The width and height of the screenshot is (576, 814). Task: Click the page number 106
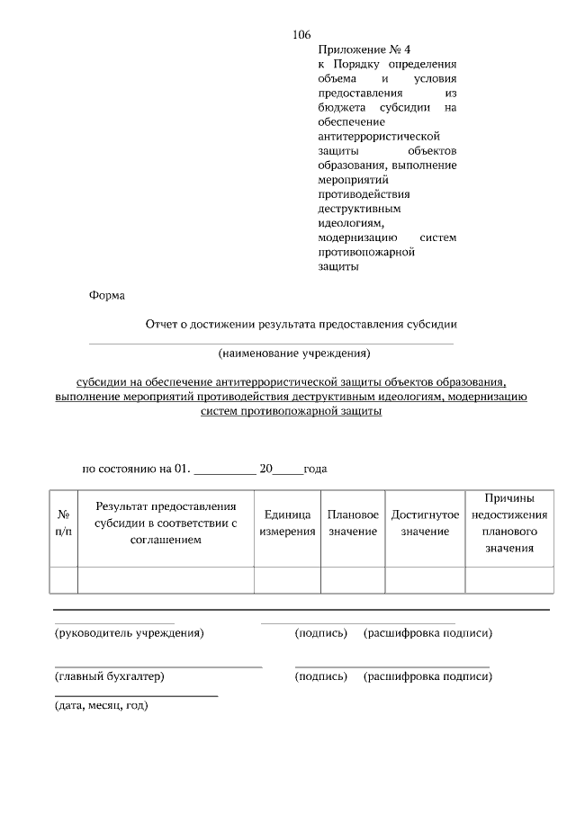tap(301, 35)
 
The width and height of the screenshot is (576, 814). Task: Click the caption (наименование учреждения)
tap(294, 353)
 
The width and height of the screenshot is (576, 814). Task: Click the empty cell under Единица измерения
tap(287, 580)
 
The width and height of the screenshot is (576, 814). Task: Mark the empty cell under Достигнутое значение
tap(425, 580)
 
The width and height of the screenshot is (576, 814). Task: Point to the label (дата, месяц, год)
tap(96, 705)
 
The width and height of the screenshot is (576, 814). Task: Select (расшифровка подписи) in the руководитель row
tap(427, 633)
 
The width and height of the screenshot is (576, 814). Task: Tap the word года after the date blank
tap(314, 469)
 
